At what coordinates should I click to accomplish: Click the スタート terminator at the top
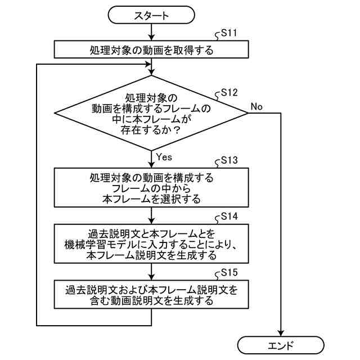(151, 16)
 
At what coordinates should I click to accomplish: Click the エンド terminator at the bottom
(281, 344)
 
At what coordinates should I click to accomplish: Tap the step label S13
(229, 160)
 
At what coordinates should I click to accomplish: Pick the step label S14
(229, 215)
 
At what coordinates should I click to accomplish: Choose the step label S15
(229, 272)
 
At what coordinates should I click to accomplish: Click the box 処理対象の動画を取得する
(151, 50)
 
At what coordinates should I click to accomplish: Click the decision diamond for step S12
(151, 112)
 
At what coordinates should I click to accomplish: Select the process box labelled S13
(151, 188)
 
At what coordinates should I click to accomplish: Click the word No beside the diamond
(256, 106)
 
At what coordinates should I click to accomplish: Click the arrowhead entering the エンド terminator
(281, 332)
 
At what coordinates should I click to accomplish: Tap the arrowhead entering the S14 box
(152, 220)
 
